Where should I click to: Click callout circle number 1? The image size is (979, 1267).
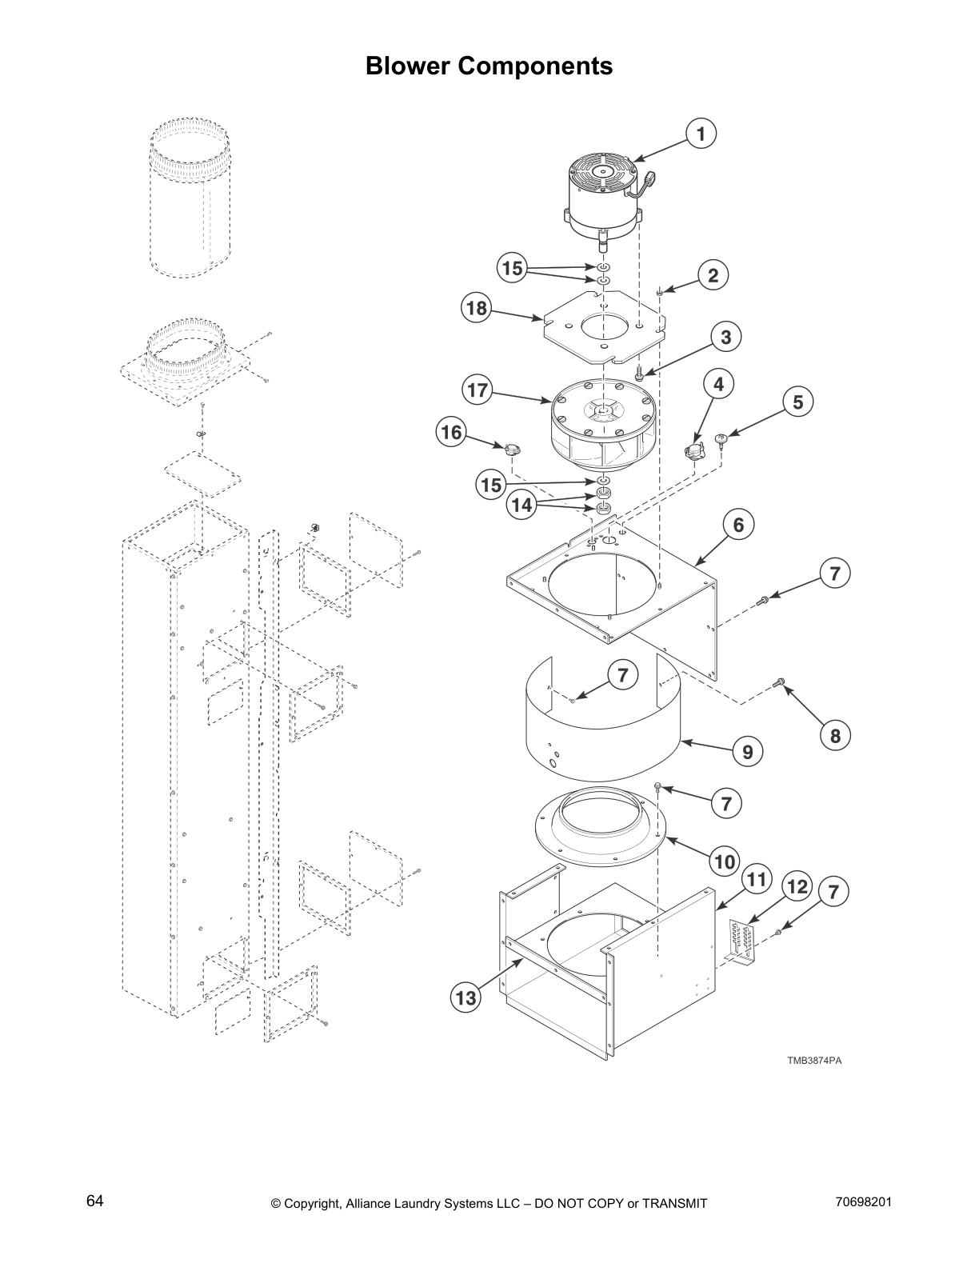coord(701,134)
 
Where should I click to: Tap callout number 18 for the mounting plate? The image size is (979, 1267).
coord(477,309)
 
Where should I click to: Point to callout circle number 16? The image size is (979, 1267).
coord(452,433)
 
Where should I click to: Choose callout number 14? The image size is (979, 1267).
coord(521,506)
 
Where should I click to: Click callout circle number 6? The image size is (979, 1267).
coord(738,525)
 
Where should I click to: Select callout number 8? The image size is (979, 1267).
coord(835,735)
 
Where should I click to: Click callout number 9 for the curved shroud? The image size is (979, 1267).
coord(747,751)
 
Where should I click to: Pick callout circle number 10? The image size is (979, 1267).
coord(724,861)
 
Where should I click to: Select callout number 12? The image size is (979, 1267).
coord(797,886)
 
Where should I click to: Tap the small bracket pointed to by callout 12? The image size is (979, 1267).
coord(741,943)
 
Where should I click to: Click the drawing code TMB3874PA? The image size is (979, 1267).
coord(814,1061)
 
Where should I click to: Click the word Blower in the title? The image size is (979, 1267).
coord(409,66)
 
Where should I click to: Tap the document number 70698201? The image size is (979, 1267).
coord(863,1201)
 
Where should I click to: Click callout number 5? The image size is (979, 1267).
coord(797,402)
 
